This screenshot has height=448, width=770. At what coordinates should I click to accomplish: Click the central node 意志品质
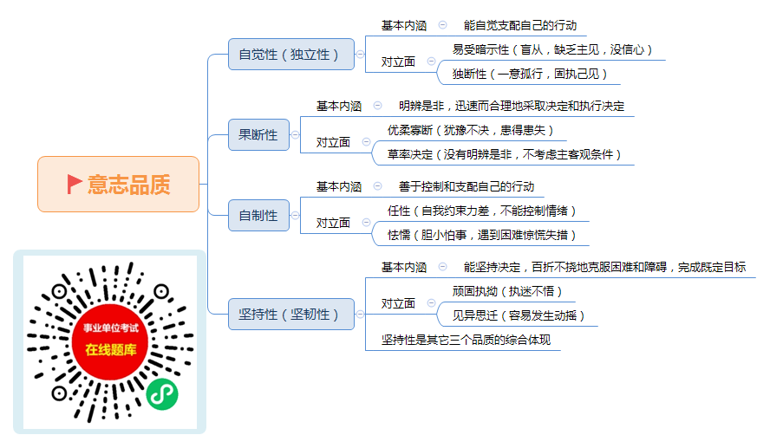118,184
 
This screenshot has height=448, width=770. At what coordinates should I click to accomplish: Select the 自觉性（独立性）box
291,54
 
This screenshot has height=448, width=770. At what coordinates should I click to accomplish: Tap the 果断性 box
258,134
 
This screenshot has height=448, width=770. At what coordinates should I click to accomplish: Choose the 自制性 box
258,215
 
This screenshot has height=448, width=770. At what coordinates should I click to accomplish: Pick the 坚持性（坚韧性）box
291,314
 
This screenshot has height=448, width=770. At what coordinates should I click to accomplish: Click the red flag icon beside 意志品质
75,184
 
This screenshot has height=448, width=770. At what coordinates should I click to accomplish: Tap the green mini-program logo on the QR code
162,394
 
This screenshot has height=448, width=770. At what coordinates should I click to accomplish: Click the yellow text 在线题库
111,350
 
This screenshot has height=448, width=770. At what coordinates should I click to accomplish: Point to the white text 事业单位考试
111,328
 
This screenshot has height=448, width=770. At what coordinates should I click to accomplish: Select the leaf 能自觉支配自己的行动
520,25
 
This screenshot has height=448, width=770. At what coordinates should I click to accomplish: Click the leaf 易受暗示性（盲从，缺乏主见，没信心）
552,49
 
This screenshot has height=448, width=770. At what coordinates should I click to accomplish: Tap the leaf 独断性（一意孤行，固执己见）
530,75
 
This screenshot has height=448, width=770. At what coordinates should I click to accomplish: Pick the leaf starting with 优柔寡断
471,130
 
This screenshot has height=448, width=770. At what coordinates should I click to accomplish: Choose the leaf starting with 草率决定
505,154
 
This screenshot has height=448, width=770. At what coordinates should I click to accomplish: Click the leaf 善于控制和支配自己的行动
467,186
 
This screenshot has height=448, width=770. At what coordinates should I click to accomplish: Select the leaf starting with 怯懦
482,235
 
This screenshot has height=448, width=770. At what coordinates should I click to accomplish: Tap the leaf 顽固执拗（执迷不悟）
507,291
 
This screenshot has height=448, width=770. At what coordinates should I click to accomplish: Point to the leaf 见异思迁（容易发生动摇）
519,315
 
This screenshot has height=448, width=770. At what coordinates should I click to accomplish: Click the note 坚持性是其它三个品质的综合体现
466,340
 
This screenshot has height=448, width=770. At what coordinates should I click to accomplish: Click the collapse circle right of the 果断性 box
295,135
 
